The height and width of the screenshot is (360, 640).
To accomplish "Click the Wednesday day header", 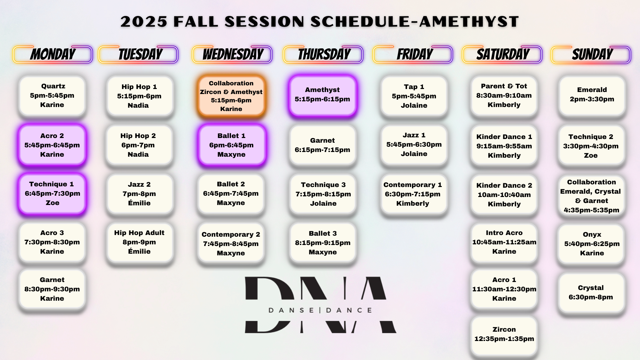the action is coord(232,54).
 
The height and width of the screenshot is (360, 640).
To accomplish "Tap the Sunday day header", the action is coord(591,54).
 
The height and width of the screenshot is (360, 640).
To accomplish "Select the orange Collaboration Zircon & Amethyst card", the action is coord(231,96).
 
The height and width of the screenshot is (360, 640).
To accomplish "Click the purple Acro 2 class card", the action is coord(52,145).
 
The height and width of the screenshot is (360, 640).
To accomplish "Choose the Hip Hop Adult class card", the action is coord(140,242).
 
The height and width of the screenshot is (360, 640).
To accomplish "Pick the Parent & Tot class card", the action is coord(504,96).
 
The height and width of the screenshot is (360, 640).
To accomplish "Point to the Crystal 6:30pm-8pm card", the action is coord(591,293).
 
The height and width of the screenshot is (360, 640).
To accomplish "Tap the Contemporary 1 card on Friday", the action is coord(413,194).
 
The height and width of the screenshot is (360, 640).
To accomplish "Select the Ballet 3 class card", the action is coord(323,243).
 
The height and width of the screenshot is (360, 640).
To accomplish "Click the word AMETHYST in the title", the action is coord(469,22).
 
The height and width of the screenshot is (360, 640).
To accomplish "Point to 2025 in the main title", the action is coord(144,22).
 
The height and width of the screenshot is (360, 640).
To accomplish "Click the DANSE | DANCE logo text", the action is coord(320,310).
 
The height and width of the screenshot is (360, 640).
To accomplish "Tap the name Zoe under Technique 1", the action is coord(52,203).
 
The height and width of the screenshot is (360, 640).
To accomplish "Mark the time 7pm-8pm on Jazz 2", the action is coord(139,194).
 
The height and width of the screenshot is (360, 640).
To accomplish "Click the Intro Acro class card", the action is coord(504,242).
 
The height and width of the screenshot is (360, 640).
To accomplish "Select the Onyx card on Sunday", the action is coord(591,244).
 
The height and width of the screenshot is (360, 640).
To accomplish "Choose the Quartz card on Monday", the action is coord(52,96).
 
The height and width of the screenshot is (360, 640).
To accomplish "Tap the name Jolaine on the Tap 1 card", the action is coord(414,105).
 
